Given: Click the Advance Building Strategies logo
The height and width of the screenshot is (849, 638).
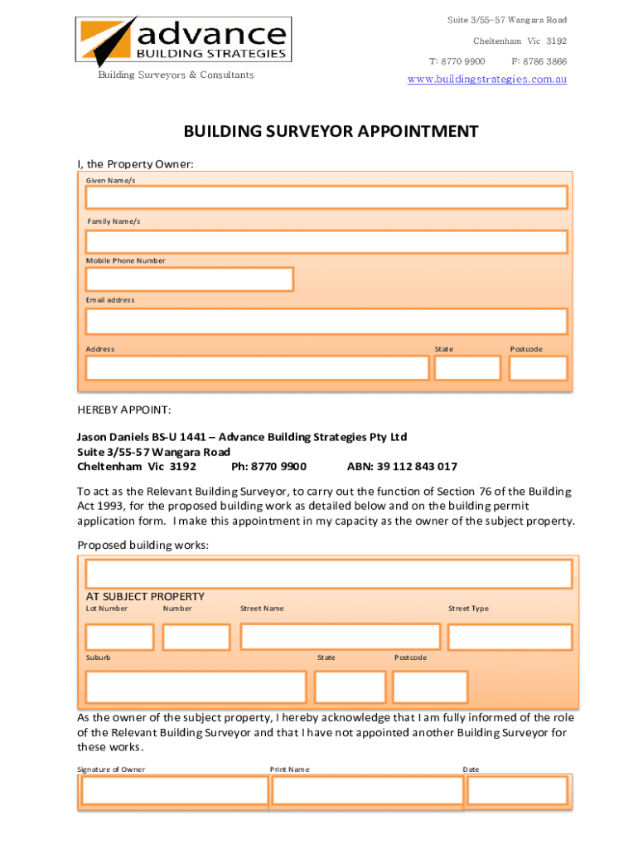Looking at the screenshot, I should click(x=183, y=41).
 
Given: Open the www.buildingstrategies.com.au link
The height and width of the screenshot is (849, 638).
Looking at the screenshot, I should click(x=487, y=80).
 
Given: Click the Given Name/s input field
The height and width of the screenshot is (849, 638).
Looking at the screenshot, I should click(x=326, y=197).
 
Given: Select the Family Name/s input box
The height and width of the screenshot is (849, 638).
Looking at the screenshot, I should click(x=326, y=241).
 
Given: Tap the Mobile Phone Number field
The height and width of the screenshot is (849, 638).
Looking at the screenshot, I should click(x=190, y=279).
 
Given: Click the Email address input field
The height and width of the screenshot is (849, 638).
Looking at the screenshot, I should click(x=326, y=321).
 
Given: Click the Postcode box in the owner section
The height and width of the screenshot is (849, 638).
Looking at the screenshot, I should click(x=538, y=368).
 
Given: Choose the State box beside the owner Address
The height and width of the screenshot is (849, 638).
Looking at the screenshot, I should click(x=467, y=368).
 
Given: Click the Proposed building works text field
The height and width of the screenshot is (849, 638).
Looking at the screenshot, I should click(x=328, y=574).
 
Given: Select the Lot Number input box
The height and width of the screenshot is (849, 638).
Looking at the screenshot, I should click(x=120, y=637).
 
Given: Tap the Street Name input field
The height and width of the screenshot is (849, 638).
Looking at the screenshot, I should click(x=340, y=637).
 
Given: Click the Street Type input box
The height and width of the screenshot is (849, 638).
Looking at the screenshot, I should click(x=510, y=637).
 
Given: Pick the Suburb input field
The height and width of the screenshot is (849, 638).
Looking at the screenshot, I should click(x=196, y=687).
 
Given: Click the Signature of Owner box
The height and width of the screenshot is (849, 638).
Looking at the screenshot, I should click(x=174, y=791).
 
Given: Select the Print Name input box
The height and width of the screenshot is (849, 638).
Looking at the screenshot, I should click(x=367, y=791).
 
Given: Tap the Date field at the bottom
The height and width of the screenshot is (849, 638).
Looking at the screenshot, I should click(x=517, y=791).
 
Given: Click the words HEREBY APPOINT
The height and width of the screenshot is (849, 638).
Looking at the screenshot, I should click(x=124, y=410).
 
